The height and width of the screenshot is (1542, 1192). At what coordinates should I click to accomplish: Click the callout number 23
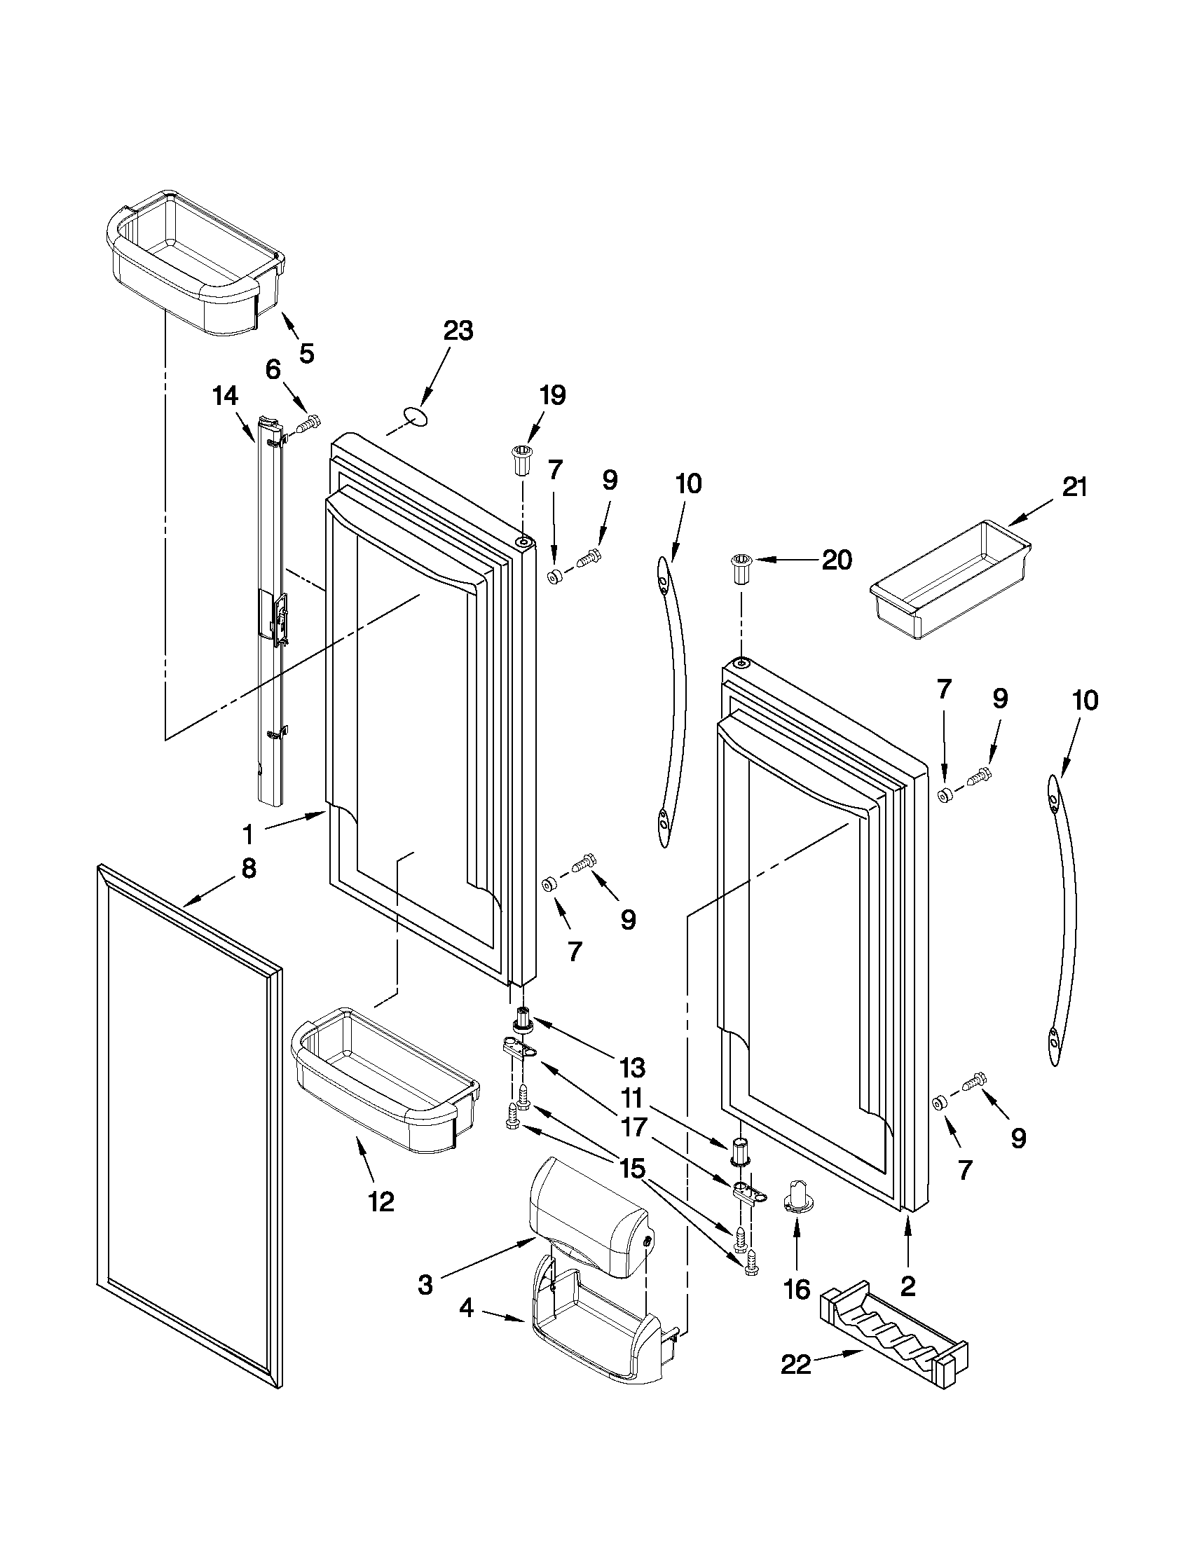[458, 331]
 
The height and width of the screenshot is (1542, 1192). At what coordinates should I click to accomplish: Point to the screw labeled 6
[308, 425]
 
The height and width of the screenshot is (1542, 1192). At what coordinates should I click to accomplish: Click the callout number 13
[632, 1068]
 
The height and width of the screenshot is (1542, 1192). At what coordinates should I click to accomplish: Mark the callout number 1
[248, 835]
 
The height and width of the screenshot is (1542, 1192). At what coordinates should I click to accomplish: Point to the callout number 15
[632, 1169]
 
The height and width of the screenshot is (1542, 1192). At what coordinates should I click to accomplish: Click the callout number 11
[632, 1098]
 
